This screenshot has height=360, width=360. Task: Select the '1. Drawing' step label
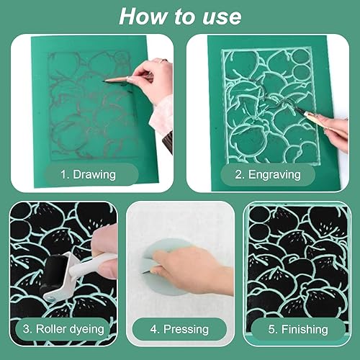(88, 174)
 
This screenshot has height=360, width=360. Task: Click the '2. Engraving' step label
(268, 174)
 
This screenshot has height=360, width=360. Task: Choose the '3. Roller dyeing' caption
(63, 329)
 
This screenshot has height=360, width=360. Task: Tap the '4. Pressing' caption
(179, 329)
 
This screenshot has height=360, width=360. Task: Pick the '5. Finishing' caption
(298, 329)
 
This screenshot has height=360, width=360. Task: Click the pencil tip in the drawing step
(104, 81)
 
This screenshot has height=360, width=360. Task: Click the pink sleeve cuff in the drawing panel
(161, 114)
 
